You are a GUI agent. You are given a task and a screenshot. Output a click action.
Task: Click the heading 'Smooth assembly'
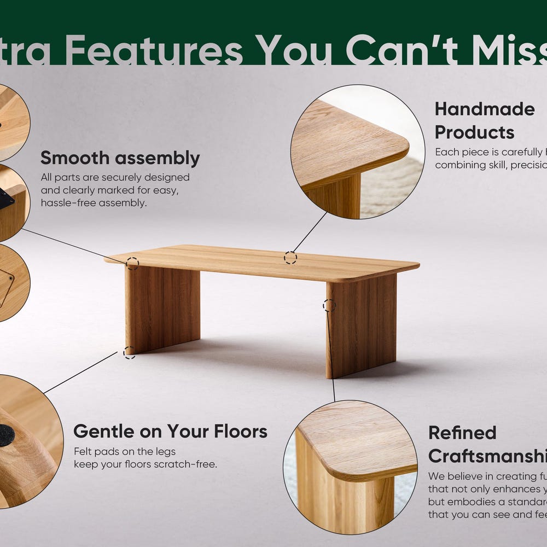click(120, 158)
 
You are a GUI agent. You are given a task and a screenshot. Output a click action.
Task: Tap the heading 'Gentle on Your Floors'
click(170, 431)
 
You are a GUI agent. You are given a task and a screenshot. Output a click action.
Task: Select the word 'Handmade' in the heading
click(485, 109)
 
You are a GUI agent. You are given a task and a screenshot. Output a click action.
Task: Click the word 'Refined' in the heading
click(462, 433)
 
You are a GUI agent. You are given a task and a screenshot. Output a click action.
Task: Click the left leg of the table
click(162, 309)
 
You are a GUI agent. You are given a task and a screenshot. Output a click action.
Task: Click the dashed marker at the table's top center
click(290, 258)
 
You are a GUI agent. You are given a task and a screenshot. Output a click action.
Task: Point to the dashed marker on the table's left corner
click(132, 263)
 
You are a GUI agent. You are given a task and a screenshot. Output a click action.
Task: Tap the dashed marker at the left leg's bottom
click(129, 352)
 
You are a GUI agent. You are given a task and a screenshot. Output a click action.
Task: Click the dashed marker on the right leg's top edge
click(329, 305)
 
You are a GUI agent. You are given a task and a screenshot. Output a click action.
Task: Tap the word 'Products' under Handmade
click(474, 132)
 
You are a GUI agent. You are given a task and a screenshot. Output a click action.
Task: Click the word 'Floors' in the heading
click(241, 431)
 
